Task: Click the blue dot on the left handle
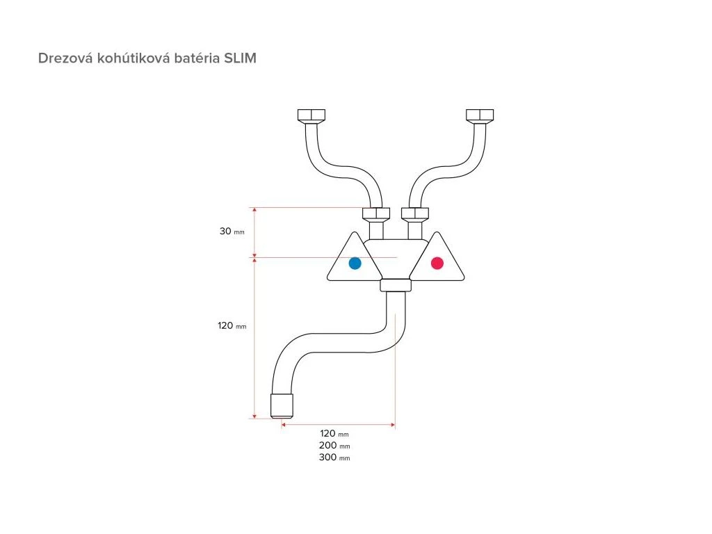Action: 355,264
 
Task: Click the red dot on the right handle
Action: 437,264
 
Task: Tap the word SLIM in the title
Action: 240,58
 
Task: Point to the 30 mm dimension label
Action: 232,232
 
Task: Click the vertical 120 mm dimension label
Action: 232,325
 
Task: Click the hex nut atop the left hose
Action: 311,115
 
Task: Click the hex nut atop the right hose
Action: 480,115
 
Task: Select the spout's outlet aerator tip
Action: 282,405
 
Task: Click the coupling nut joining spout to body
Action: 396,285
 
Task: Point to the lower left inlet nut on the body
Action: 376,214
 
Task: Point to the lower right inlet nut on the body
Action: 415,214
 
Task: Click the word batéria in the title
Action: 195,58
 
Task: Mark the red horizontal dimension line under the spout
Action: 339,424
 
